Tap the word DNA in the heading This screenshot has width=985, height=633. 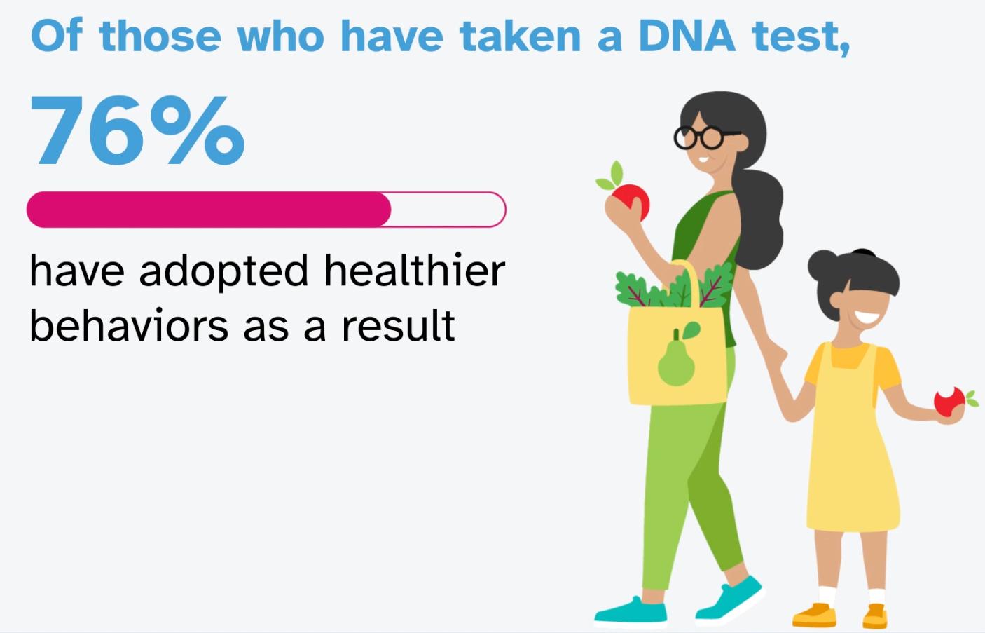tap(686, 36)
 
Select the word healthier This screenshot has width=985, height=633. tap(414, 271)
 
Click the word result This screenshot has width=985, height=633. tap(398, 326)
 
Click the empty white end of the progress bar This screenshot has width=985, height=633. tap(448, 210)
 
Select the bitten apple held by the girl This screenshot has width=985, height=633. tap(949, 404)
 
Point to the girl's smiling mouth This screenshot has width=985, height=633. tap(867, 317)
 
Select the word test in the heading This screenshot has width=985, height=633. tap(799, 36)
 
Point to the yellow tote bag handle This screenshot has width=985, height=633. tap(690, 280)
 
